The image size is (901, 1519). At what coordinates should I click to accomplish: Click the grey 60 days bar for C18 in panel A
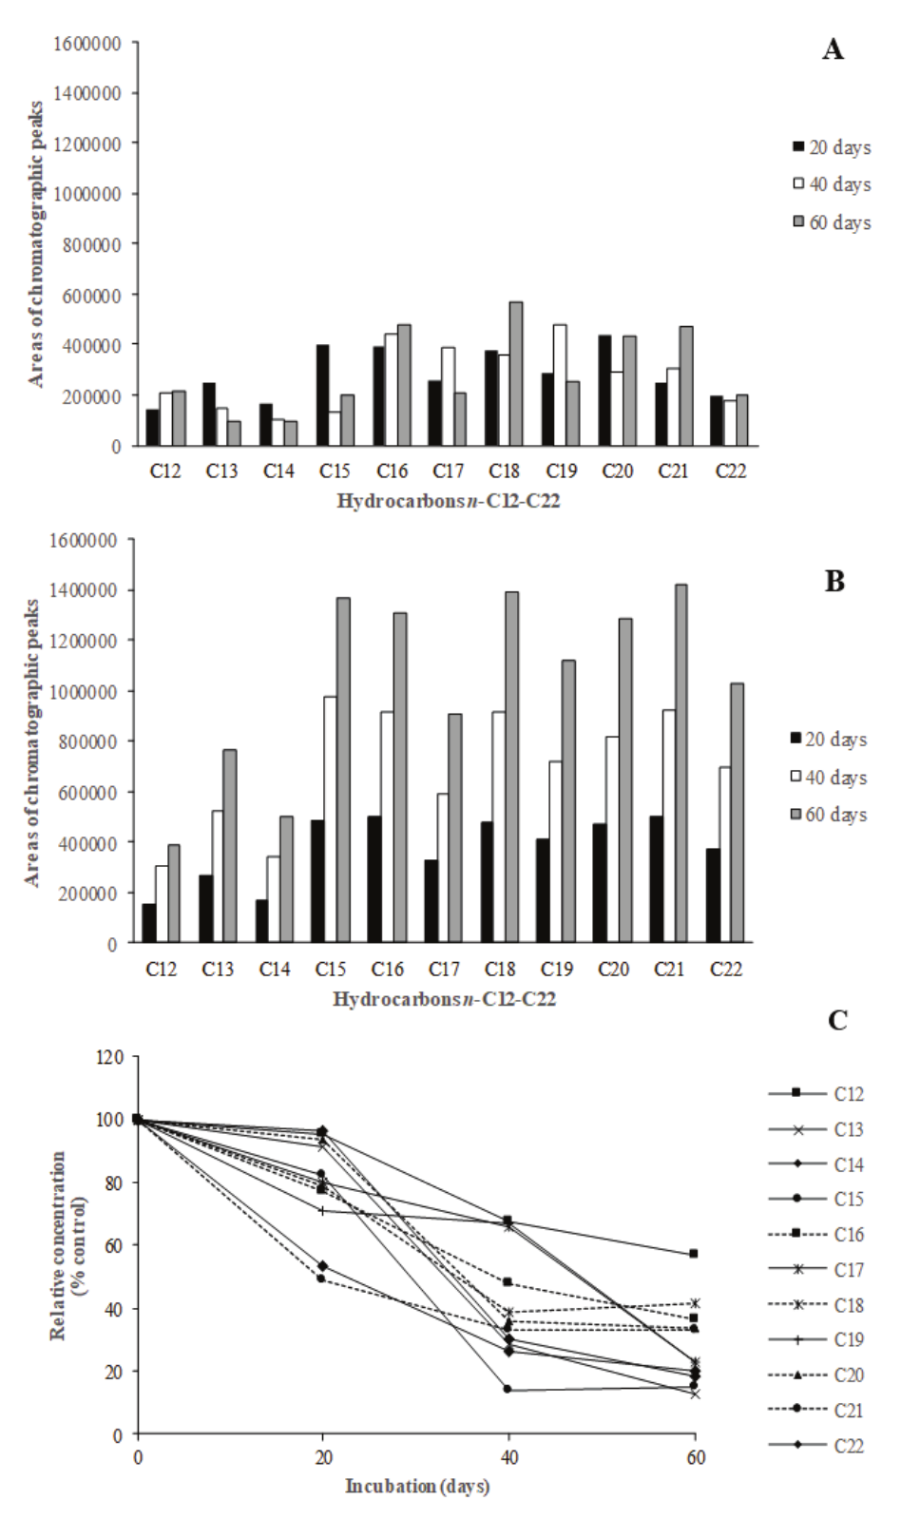516,374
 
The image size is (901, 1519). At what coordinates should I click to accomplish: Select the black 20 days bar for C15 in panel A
322,395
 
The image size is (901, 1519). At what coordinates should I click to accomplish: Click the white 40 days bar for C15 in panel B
330,819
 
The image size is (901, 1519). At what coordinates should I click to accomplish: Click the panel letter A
833,50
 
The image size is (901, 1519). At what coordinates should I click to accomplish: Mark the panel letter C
837,1020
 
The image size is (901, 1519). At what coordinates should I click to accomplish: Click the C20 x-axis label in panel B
613,970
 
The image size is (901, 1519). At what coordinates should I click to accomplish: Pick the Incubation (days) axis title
416,1486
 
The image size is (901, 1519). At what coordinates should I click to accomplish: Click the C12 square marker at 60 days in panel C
694,1254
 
